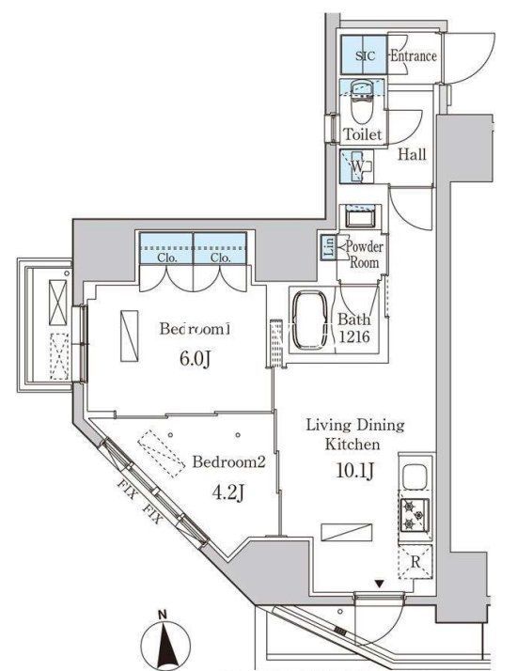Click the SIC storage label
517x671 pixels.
[365, 56]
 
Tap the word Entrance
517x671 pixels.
[413, 56]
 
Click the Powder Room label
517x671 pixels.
[363, 254]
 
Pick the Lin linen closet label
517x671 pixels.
[328, 246]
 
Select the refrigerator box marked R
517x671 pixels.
[415, 563]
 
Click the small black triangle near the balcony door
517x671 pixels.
[379, 585]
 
